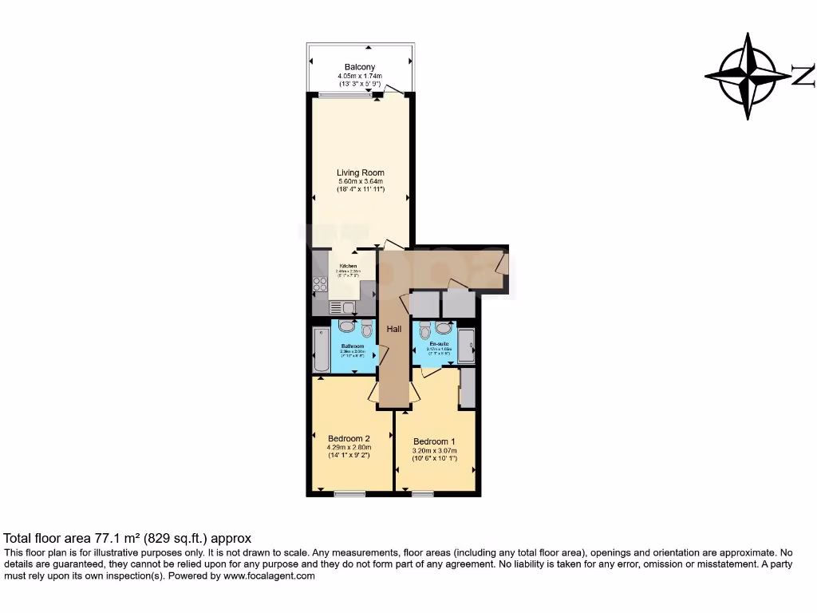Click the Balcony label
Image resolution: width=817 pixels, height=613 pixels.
click(x=360, y=67)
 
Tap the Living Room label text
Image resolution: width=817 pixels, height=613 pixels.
click(x=360, y=172)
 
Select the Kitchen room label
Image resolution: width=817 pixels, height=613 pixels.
click(x=349, y=266)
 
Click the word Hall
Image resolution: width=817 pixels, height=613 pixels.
click(x=394, y=329)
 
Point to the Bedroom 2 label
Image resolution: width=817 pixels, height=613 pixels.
click(x=349, y=438)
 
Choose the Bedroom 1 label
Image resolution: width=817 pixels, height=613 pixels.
click(x=434, y=441)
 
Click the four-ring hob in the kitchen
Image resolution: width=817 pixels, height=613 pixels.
click(x=321, y=284)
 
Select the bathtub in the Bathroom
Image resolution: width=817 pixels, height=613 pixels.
click(x=320, y=349)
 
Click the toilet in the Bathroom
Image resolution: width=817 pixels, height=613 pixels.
click(x=366, y=328)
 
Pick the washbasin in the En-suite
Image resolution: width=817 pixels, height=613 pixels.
click(x=444, y=327)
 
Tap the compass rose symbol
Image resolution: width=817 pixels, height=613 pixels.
click(x=747, y=76)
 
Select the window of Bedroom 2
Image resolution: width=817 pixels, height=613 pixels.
click(x=349, y=494)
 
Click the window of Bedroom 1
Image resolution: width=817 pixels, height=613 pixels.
click(x=423, y=494)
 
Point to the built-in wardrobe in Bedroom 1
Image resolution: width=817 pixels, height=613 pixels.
click(x=468, y=389)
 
